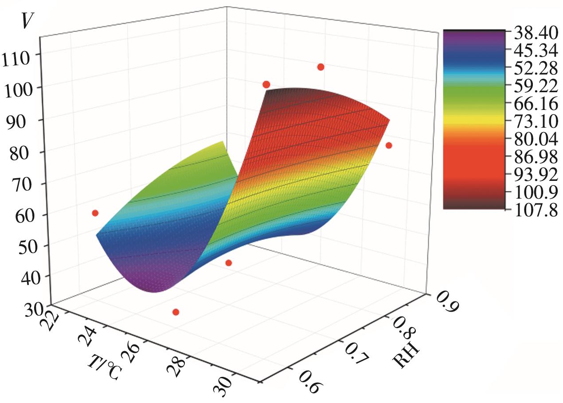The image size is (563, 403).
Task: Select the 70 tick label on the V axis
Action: (x=17, y=184)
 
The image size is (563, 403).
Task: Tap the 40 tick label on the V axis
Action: (x=17, y=278)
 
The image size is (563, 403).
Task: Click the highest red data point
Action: (x=321, y=67)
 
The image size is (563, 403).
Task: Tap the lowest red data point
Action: (x=176, y=312)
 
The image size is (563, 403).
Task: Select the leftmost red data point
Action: (x=95, y=213)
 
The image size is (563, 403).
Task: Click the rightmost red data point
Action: (x=389, y=145)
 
